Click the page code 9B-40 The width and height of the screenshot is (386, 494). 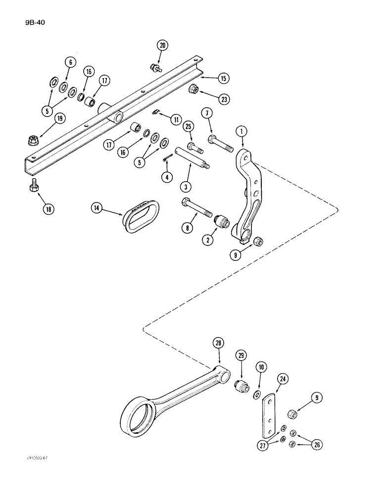pyautogui.click(x=35, y=22)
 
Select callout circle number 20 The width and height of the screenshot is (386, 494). pyautogui.click(x=162, y=45)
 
